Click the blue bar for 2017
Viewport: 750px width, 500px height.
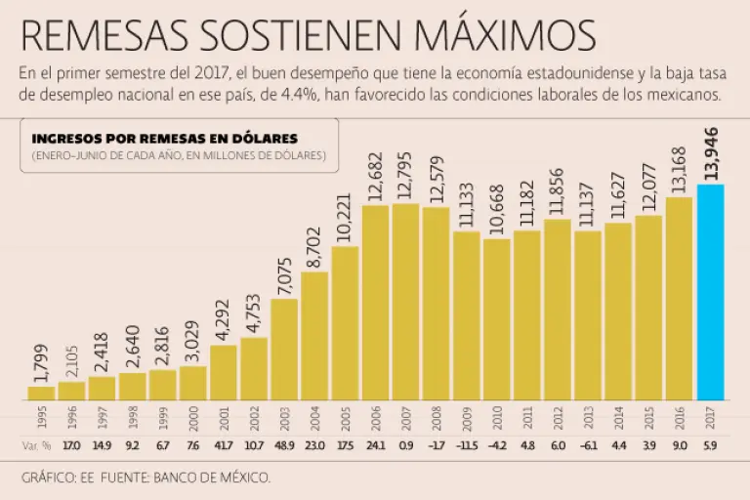pos(710,292)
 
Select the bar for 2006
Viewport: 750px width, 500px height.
pos(376,303)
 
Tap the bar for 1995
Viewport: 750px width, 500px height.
pos(42,393)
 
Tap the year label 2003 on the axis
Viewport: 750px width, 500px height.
pos(285,419)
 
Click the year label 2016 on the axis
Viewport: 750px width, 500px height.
pos(680,419)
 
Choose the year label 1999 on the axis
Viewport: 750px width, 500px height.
pos(163,419)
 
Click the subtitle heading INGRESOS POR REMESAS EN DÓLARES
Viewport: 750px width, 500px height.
pos(165,139)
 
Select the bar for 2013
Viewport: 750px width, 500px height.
pos(588,315)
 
